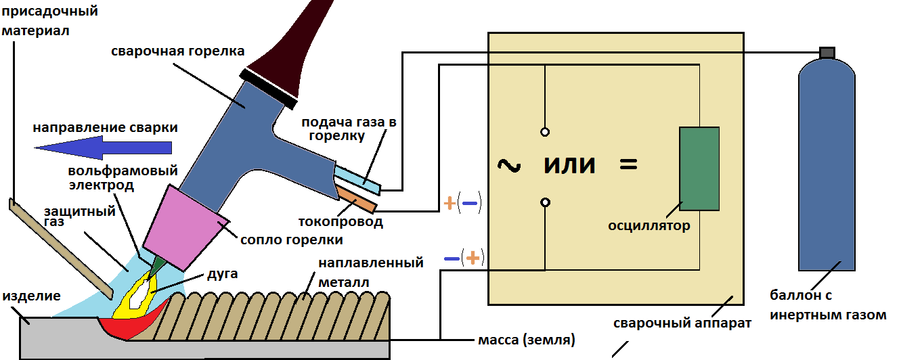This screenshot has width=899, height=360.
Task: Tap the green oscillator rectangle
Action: [x=699, y=168]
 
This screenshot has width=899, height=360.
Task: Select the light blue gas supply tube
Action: [x=359, y=177]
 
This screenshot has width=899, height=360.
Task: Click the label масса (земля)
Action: [x=529, y=339]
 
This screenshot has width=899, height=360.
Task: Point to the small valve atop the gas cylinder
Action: [x=827, y=52]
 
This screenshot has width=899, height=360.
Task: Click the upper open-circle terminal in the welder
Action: [x=545, y=132]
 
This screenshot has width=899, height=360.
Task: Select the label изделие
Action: [x=32, y=296]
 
